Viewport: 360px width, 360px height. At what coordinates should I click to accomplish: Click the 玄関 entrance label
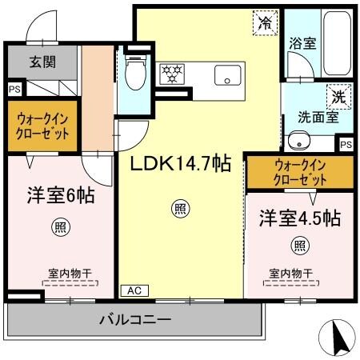pos(43,62)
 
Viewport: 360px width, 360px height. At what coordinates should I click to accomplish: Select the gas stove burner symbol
pos(173,74)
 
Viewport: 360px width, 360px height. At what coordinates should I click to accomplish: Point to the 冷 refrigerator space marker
pos(263,22)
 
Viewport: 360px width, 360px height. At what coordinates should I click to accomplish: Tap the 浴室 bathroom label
pos(302,45)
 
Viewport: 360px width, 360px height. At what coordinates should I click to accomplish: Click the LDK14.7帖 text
pos(182,164)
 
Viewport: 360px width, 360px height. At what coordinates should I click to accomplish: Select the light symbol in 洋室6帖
pos(58,227)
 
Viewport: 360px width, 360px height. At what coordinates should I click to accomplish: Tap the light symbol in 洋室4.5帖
pos(299,245)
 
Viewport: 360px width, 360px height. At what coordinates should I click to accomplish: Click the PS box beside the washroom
pos(345,145)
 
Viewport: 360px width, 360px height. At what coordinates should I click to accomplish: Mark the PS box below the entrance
pos(14,90)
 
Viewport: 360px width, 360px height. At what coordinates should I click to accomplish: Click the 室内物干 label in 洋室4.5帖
pos(290,273)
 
